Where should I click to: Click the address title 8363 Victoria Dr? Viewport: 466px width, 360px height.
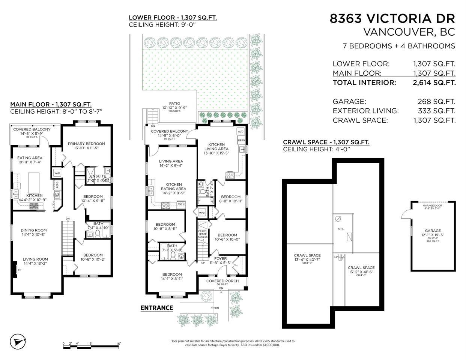click(392, 18)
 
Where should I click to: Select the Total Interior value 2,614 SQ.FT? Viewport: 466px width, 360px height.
click(434, 83)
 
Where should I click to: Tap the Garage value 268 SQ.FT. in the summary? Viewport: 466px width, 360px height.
click(436, 101)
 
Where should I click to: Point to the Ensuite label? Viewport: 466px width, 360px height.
click(98, 176)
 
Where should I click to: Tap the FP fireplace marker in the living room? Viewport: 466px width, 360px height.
click(19, 270)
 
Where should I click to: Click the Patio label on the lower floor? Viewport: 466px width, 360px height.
click(174, 103)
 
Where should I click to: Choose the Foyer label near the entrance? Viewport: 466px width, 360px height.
click(220, 258)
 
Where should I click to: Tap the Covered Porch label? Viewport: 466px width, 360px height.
click(222, 281)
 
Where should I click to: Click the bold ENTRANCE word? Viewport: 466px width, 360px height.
click(156, 308)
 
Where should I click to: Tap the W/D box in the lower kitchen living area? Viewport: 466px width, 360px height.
click(241, 132)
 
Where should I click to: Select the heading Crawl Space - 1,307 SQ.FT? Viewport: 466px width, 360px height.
click(326, 142)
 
